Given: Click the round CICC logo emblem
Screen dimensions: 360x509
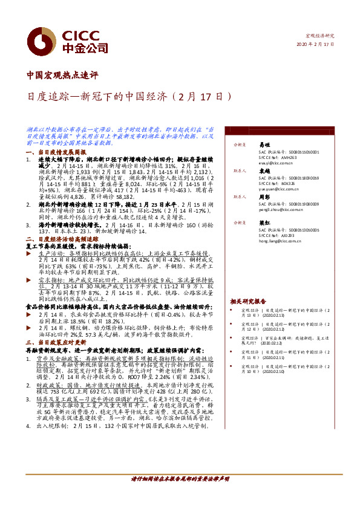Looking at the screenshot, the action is (35, 41).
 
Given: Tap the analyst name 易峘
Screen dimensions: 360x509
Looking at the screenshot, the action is (263, 146).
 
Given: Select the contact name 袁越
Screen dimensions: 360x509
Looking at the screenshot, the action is (263, 171).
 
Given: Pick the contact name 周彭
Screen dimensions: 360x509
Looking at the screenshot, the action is (263, 196).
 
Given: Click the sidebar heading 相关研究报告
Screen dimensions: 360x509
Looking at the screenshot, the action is (247, 300).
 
